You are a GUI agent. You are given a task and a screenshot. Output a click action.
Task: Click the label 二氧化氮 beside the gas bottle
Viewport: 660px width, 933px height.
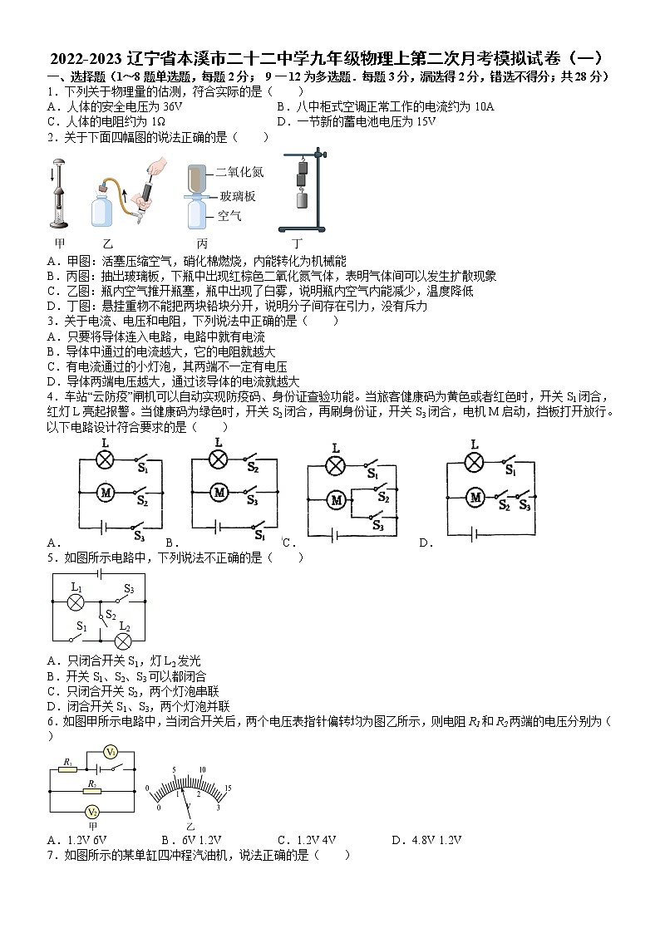point(239,172)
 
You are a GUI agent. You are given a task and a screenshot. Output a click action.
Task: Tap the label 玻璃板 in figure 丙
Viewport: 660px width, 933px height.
point(237,196)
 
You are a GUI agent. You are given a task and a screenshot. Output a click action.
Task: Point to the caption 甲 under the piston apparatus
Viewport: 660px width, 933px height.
point(59,243)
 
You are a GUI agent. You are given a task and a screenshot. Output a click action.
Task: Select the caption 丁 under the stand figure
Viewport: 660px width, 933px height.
point(296,243)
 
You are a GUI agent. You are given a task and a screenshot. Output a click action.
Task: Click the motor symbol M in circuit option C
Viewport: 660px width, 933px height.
point(336,500)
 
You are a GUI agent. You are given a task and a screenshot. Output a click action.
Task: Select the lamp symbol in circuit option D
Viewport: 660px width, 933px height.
point(473,463)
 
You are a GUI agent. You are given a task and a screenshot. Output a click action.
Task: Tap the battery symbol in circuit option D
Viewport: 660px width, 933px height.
point(473,535)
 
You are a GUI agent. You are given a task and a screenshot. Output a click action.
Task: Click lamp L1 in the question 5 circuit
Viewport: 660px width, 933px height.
point(76,602)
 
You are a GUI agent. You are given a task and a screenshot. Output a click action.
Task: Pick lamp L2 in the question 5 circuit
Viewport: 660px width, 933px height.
point(124,640)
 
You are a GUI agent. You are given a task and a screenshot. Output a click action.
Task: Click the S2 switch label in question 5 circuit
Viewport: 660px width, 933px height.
point(110,614)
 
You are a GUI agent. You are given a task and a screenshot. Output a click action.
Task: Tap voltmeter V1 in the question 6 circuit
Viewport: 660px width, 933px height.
point(109,752)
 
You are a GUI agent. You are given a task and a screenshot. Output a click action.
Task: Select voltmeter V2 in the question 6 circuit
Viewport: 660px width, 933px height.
point(93,811)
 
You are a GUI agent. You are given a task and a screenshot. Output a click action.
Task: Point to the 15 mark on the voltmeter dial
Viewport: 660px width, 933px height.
point(227,787)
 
